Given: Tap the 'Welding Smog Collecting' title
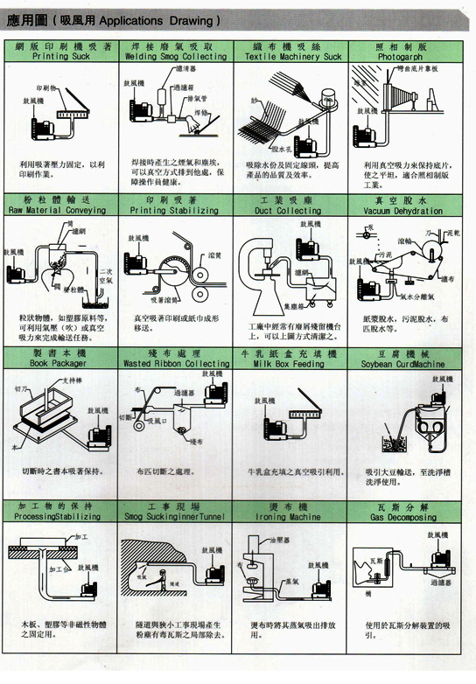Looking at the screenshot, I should tap(177, 56).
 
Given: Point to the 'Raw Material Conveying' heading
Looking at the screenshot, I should tap(62, 211).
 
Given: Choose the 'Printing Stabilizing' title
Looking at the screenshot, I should tap(177, 211).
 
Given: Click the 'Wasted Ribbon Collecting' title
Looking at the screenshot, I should tap(177, 362).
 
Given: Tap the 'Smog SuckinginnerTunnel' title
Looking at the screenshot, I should tap(177, 517).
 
